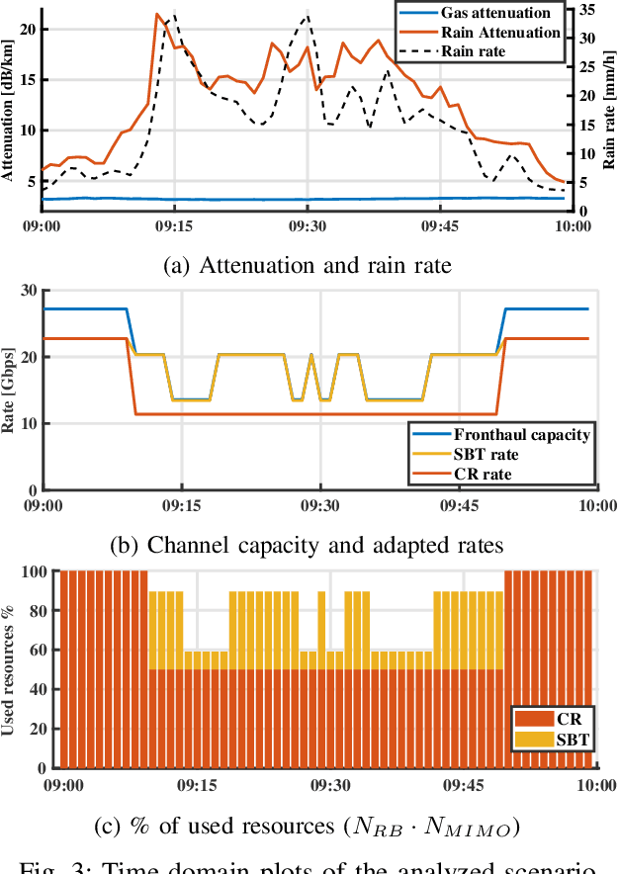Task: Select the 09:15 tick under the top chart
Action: (175, 224)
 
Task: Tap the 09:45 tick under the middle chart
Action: (458, 504)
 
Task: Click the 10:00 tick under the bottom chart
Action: (592, 784)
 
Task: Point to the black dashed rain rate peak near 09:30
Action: (308, 16)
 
